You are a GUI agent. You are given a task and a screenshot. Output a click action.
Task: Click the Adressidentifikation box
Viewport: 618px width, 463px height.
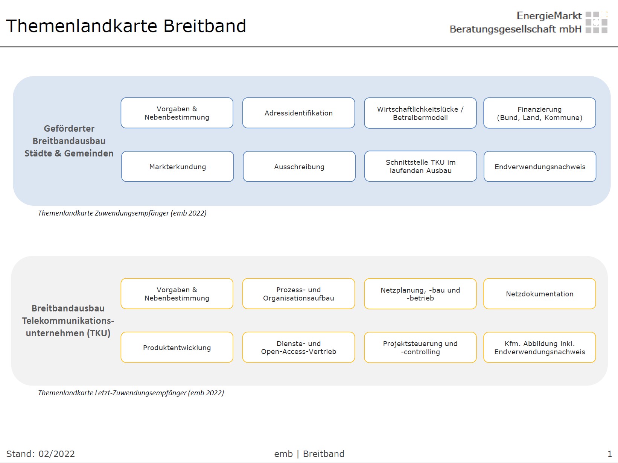298,113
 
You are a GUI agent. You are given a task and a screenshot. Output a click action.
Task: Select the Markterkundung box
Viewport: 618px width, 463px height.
177,167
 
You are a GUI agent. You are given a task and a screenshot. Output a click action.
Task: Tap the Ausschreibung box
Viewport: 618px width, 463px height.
299,167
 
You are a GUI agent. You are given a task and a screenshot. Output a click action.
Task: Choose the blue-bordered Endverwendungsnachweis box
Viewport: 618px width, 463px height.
540,167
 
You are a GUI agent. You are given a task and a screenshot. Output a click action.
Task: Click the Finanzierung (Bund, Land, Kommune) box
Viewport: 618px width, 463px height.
539,113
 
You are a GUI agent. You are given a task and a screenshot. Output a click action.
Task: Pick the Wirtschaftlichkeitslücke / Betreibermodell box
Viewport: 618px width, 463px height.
420,113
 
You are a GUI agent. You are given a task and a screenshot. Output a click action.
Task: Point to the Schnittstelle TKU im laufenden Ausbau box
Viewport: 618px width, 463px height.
420,166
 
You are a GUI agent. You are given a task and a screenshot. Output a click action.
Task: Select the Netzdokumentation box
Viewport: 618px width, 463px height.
539,294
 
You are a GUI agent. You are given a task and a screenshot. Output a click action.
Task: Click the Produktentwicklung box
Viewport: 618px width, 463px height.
177,348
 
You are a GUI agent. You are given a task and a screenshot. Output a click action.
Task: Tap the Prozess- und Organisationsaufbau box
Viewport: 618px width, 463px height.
298,294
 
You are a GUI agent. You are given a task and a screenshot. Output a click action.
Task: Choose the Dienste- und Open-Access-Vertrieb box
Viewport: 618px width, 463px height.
298,348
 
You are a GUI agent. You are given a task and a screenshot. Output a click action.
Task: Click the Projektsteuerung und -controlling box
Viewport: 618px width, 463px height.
420,348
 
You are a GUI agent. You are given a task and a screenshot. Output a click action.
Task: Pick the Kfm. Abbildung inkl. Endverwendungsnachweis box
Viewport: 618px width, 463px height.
539,348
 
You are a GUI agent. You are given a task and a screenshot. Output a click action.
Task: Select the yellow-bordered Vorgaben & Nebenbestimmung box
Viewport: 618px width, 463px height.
177,294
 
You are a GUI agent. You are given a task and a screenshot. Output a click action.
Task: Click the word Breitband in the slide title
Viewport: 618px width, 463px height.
205,26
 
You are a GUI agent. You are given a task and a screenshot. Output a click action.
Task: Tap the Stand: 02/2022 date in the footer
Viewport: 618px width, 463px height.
41,454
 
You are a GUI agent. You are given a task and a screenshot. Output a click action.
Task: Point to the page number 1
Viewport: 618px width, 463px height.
610,454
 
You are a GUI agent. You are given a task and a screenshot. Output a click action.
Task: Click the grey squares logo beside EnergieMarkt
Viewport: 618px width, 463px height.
596,22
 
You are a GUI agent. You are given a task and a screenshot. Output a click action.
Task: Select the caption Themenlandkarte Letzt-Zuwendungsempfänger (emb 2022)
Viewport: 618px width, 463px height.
131,393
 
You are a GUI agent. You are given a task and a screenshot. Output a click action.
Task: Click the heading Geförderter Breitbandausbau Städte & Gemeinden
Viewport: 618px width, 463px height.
69,141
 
